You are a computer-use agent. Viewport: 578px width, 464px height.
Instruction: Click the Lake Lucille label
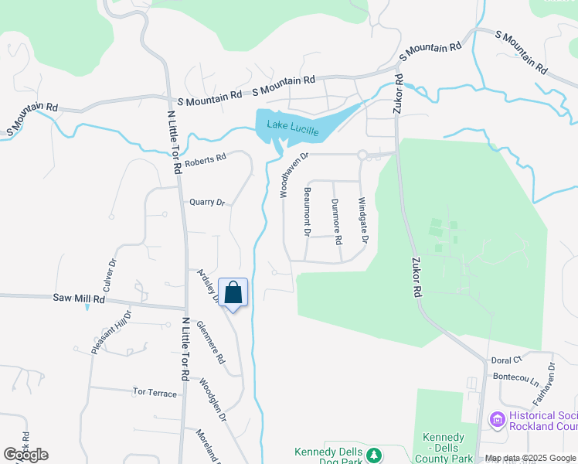click(293, 128)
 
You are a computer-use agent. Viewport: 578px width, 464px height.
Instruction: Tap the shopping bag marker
click(233, 293)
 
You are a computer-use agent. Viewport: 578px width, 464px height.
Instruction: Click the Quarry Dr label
click(206, 203)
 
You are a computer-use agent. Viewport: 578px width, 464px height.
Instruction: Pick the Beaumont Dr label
click(307, 211)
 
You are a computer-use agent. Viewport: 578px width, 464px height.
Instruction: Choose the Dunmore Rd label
click(336, 221)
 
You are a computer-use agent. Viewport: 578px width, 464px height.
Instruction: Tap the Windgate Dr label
click(362, 220)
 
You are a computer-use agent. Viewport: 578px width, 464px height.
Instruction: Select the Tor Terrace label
click(155, 393)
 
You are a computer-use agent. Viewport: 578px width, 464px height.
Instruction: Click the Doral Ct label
click(507, 360)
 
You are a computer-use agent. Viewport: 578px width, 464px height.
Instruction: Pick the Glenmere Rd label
click(210, 343)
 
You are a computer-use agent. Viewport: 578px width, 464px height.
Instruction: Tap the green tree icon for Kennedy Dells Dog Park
click(374, 454)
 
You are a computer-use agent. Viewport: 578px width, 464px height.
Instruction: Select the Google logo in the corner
click(25, 455)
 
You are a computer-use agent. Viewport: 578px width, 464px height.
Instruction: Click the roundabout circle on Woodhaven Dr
click(362, 155)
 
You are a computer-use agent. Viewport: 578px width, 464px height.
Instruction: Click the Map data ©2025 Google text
click(530, 459)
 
